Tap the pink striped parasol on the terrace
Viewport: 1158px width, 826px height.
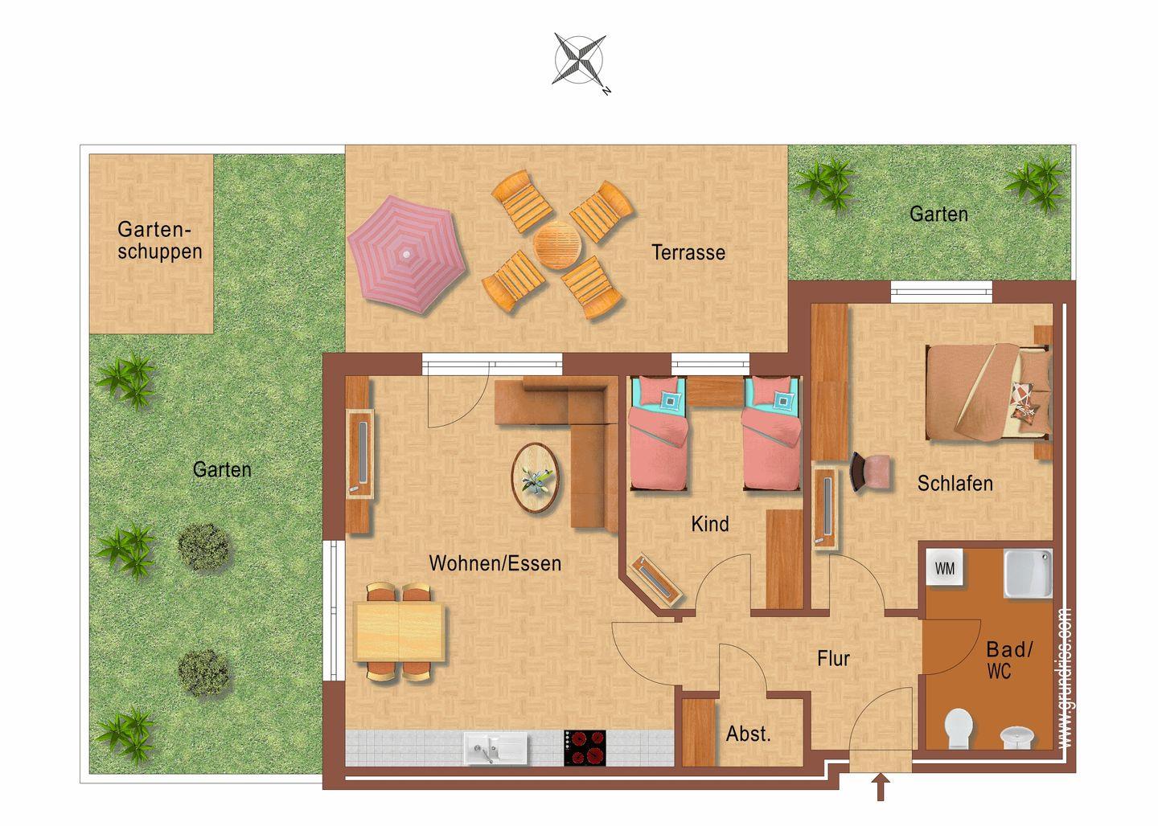click(x=407, y=254)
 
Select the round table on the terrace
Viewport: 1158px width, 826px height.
click(x=556, y=245)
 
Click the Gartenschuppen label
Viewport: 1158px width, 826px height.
click(x=160, y=240)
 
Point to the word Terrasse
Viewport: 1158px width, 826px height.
click(x=688, y=252)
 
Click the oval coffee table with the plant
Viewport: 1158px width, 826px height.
click(x=535, y=478)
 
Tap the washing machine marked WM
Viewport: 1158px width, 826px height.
click(x=944, y=568)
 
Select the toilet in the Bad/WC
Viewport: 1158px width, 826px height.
click(x=958, y=728)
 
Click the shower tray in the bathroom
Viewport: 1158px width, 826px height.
click(x=1028, y=574)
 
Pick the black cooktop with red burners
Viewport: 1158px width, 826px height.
click(x=585, y=747)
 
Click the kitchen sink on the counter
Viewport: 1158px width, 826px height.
click(x=496, y=748)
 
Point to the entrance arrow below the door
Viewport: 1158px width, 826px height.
click(x=881, y=787)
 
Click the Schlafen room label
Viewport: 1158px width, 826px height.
click(x=955, y=484)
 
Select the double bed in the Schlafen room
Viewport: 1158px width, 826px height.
click(x=988, y=393)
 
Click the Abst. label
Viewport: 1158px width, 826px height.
click(x=748, y=734)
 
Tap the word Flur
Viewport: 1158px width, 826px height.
click(x=833, y=659)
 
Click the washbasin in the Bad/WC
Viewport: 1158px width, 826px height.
click(x=1016, y=737)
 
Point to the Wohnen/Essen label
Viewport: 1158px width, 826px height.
click(x=495, y=563)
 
